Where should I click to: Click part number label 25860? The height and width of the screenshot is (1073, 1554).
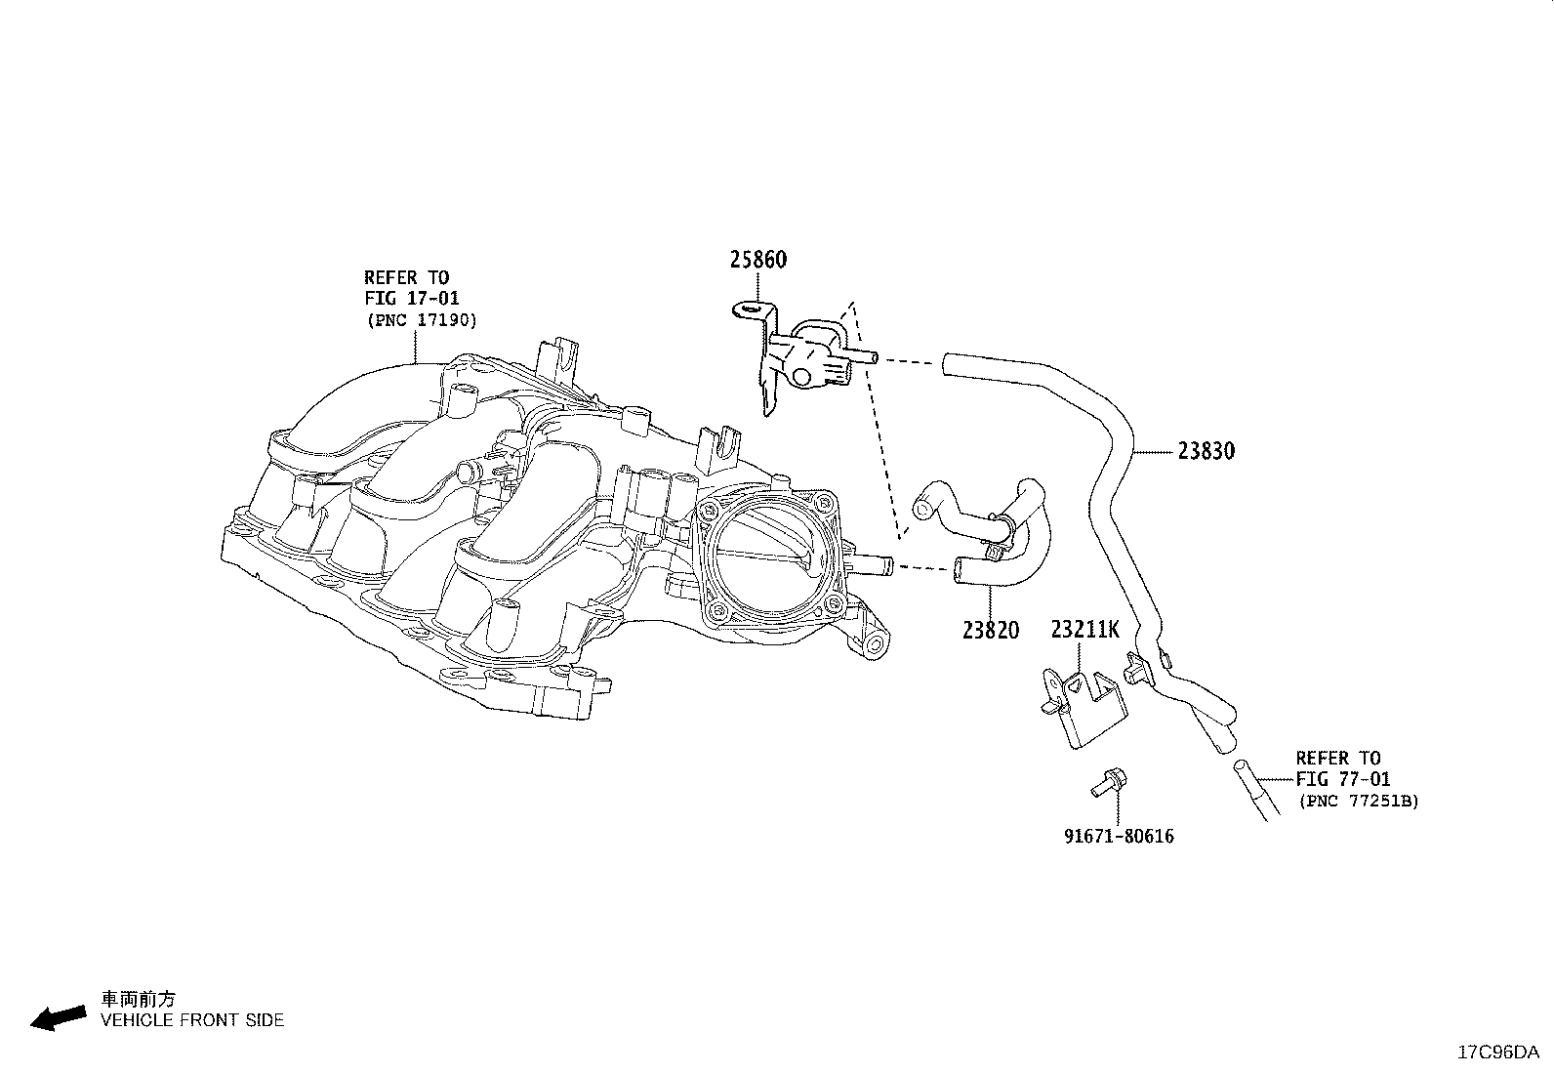[757, 260]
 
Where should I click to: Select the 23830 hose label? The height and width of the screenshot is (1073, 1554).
[1206, 451]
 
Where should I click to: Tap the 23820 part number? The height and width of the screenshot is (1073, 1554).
[991, 630]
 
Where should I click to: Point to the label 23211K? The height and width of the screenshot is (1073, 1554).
[1085, 630]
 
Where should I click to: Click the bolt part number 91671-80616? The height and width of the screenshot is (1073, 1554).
[1119, 837]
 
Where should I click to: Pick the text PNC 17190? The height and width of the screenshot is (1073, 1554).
[422, 320]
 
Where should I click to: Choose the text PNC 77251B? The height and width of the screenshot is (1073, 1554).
[1359, 801]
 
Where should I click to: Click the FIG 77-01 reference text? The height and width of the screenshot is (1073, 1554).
[1343, 779]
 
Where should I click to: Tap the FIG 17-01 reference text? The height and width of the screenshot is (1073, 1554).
[412, 299]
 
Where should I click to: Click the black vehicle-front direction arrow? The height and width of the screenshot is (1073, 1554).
[59, 1017]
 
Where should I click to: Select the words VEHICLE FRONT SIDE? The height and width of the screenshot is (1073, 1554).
[192, 1020]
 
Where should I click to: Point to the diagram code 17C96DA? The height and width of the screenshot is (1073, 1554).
[1498, 1052]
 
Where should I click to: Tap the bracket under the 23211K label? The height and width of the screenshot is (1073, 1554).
[1084, 708]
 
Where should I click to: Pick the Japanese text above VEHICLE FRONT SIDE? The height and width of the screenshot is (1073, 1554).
[138, 999]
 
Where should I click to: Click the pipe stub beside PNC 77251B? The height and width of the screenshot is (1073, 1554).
[1255, 790]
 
